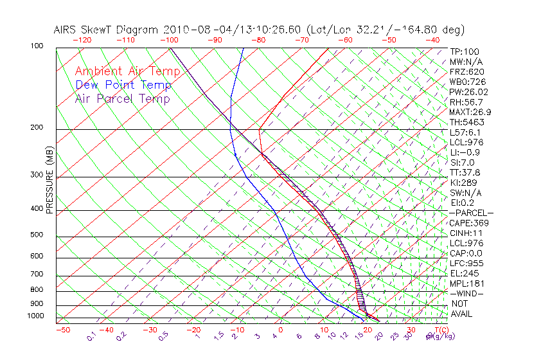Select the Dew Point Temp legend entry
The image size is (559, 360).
click(123, 85)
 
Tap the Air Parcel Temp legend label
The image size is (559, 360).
click(123, 98)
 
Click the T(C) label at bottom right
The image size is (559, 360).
click(437, 330)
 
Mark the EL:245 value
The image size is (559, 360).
click(463, 273)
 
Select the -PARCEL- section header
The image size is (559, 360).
click(471, 213)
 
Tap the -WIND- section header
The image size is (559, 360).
click(467, 293)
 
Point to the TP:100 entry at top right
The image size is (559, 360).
click(465, 51)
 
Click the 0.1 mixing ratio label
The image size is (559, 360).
click(91, 336)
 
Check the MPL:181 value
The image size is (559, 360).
click(465, 283)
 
